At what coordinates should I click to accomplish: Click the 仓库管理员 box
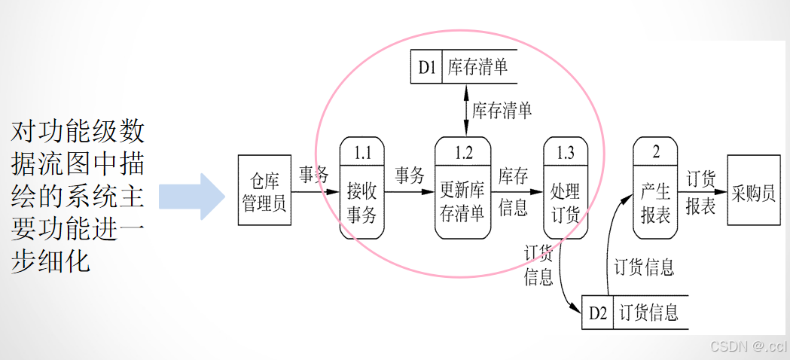(264, 191)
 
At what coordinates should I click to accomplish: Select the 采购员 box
(753, 191)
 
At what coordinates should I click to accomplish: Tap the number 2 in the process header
(656, 152)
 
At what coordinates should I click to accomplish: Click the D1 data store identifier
(427, 68)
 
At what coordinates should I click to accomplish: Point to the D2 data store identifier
(598, 313)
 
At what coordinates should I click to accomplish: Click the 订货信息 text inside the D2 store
(649, 313)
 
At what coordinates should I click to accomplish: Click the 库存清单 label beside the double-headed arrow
(502, 111)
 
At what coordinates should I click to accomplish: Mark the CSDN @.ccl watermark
(749, 346)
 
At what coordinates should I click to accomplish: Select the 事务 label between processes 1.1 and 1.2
(410, 176)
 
